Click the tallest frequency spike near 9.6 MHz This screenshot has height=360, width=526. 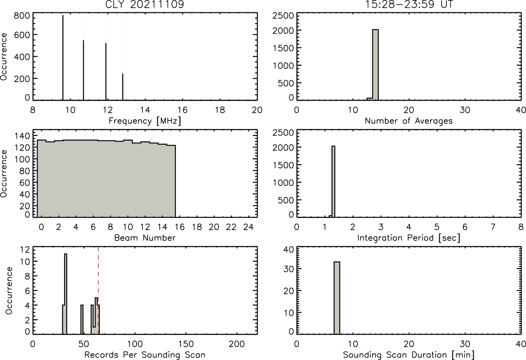(x=63, y=58)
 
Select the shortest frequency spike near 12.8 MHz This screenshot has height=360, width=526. (x=122, y=87)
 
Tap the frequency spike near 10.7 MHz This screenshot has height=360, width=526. (x=83, y=70)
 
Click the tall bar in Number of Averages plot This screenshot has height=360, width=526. (x=375, y=65)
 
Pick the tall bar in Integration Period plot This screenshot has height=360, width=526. (x=333, y=181)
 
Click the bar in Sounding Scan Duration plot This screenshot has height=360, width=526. (x=337, y=298)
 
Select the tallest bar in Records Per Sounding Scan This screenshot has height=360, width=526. (x=66, y=294)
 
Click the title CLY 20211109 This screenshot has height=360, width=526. (x=145, y=4)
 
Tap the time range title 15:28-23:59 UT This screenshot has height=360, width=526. (x=409, y=4)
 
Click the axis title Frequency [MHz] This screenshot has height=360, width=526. (x=145, y=121)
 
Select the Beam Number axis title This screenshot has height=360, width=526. (x=145, y=238)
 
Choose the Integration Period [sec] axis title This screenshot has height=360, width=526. (x=409, y=238)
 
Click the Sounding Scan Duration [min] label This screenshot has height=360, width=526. (x=409, y=355)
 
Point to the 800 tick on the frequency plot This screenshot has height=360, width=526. (x=22, y=16)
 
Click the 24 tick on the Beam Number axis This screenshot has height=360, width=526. (x=249, y=227)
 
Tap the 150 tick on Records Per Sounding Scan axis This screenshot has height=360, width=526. (x=186, y=344)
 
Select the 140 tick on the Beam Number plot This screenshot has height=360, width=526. (x=22, y=136)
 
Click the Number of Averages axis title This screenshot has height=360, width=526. (x=409, y=121)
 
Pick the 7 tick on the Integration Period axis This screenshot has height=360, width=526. (x=493, y=227)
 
